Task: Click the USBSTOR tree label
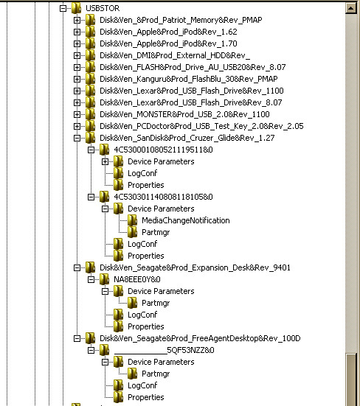103,8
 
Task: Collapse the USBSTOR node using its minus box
63,8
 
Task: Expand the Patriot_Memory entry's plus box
77,20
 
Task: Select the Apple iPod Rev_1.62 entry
168,32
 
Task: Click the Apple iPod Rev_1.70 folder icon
90,43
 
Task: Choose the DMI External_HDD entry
175,55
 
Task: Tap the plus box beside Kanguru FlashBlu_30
77,79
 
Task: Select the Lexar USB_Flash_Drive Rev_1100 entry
192,91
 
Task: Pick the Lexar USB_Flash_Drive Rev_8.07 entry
191,102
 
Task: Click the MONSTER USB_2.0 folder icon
90,114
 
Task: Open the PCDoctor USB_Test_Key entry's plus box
77,126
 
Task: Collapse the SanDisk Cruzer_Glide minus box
77,138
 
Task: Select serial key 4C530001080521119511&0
163,150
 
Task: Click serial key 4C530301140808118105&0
163,197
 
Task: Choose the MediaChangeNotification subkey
186,220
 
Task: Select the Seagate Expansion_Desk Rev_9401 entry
195,267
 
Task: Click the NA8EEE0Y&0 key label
137,279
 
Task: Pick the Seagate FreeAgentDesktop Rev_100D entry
200,338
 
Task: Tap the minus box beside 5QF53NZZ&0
91,350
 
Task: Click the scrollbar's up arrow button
351,8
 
